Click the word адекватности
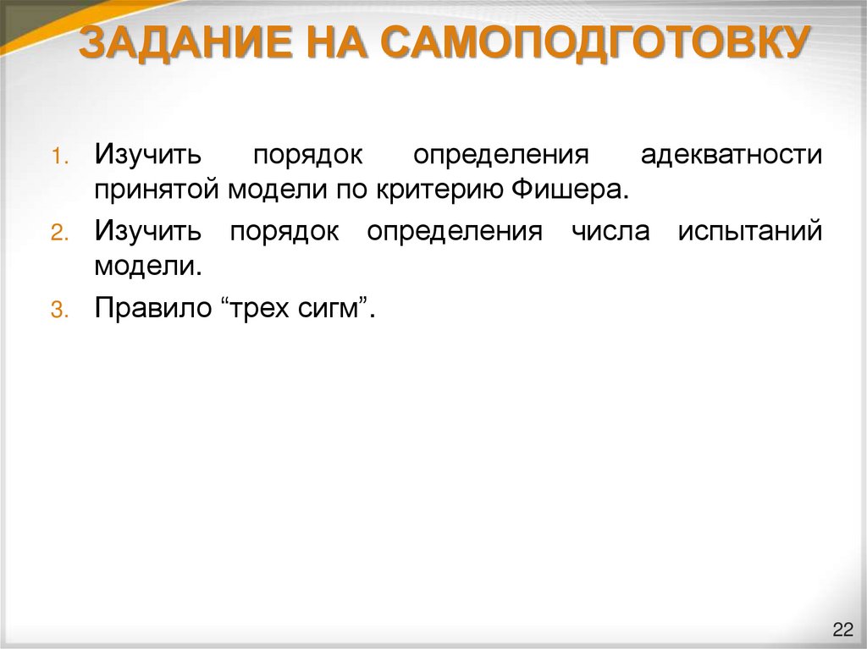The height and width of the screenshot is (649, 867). pos(731,156)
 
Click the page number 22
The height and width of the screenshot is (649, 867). pos(842,630)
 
